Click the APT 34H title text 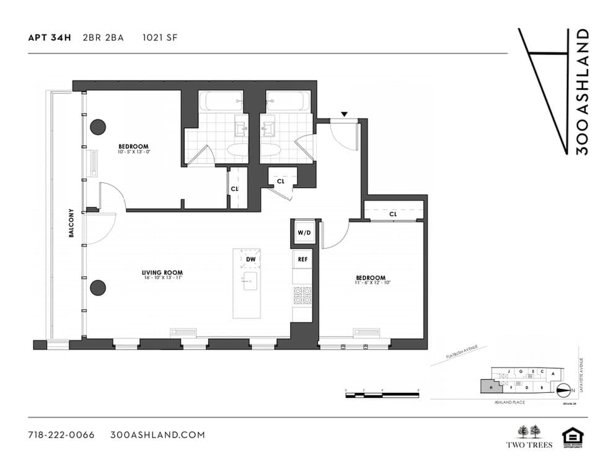tap(50, 37)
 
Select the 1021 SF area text tap(161, 37)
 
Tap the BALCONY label tap(72, 223)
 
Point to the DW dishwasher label tap(251, 259)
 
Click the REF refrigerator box tap(302, 259)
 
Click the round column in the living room tap(97, 287)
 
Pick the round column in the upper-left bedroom tap(98, 127)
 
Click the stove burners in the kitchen tap(302, 295)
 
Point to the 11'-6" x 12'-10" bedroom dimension tap(371, 283)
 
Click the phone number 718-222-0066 tap(61, 434)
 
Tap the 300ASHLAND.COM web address tap(157, 434)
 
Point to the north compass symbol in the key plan tap(564, 390)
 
